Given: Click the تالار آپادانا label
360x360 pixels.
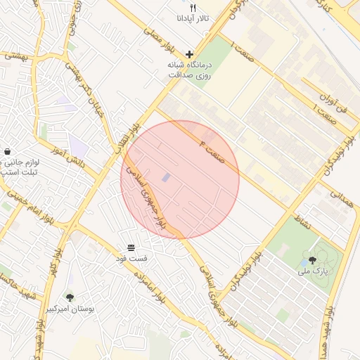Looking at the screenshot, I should (191, 19).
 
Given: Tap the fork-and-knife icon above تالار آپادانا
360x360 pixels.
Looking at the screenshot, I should (191, 8).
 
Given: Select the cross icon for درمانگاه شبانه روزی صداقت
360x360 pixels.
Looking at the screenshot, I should (189, 54).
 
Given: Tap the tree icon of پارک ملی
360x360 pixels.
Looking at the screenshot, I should (312, 260).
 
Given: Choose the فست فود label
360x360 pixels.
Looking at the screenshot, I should (131, 258).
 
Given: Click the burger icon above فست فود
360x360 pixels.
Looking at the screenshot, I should (131, 247).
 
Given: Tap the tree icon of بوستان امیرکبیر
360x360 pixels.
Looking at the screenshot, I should (70, 297).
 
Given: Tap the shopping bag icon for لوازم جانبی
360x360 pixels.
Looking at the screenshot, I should (7, 151).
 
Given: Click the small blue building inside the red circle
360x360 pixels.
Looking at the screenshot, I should (166, 179).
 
